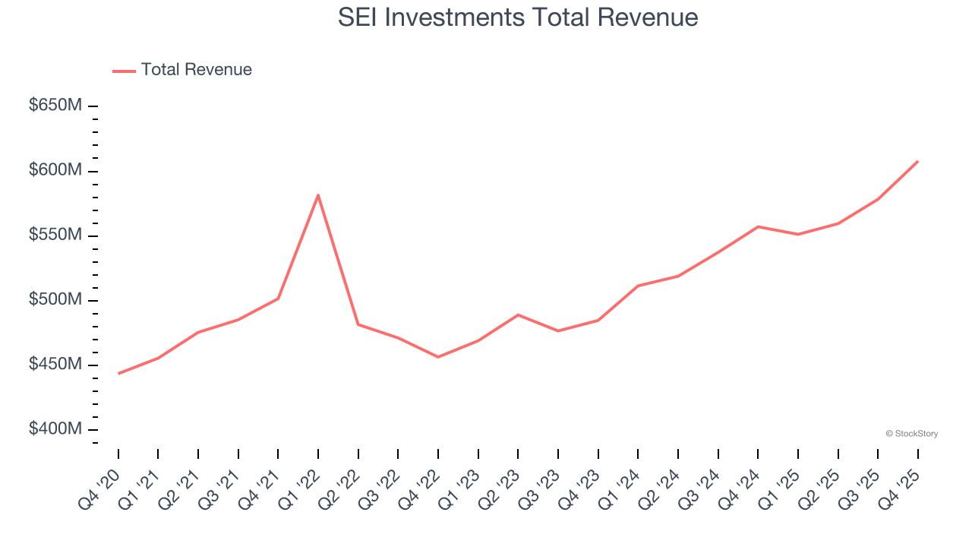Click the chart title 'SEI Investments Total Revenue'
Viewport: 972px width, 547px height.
518,17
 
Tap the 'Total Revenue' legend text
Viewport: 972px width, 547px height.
196,70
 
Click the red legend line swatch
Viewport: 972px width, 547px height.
124,71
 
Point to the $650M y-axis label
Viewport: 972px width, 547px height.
55,106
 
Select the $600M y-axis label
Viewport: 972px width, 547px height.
55,170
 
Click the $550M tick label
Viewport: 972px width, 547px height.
55,235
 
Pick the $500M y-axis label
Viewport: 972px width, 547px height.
55,299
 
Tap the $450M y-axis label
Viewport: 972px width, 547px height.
55,365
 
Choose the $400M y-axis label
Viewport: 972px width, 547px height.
55,429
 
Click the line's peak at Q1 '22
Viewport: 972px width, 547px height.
318,194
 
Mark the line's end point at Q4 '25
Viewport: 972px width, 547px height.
917,161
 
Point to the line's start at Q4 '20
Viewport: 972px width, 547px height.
118,374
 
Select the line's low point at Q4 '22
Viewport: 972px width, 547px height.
438,357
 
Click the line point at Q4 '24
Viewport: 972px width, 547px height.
758,226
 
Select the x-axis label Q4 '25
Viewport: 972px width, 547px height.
901,486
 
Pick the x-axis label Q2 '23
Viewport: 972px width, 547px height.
502,486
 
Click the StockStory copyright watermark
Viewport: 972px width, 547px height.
911,434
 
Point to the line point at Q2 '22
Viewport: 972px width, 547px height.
358,324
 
